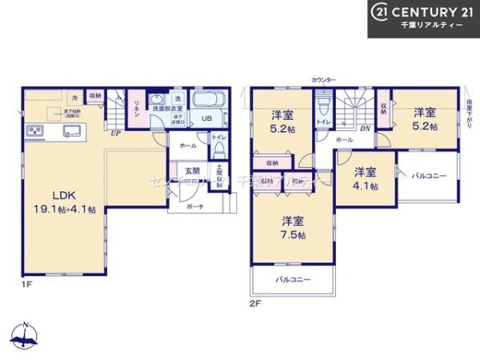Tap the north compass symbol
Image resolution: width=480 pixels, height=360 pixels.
[25, 337]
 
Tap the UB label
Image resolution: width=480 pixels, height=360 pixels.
[206, 119]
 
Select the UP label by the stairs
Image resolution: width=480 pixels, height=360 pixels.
[116, 133]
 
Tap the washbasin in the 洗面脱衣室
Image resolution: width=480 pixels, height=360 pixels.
[158, 101]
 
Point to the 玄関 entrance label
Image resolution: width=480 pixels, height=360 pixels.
[193, 170]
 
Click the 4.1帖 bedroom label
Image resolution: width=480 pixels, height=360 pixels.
[366, 178]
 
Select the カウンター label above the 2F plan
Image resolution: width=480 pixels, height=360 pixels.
[325, 81]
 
